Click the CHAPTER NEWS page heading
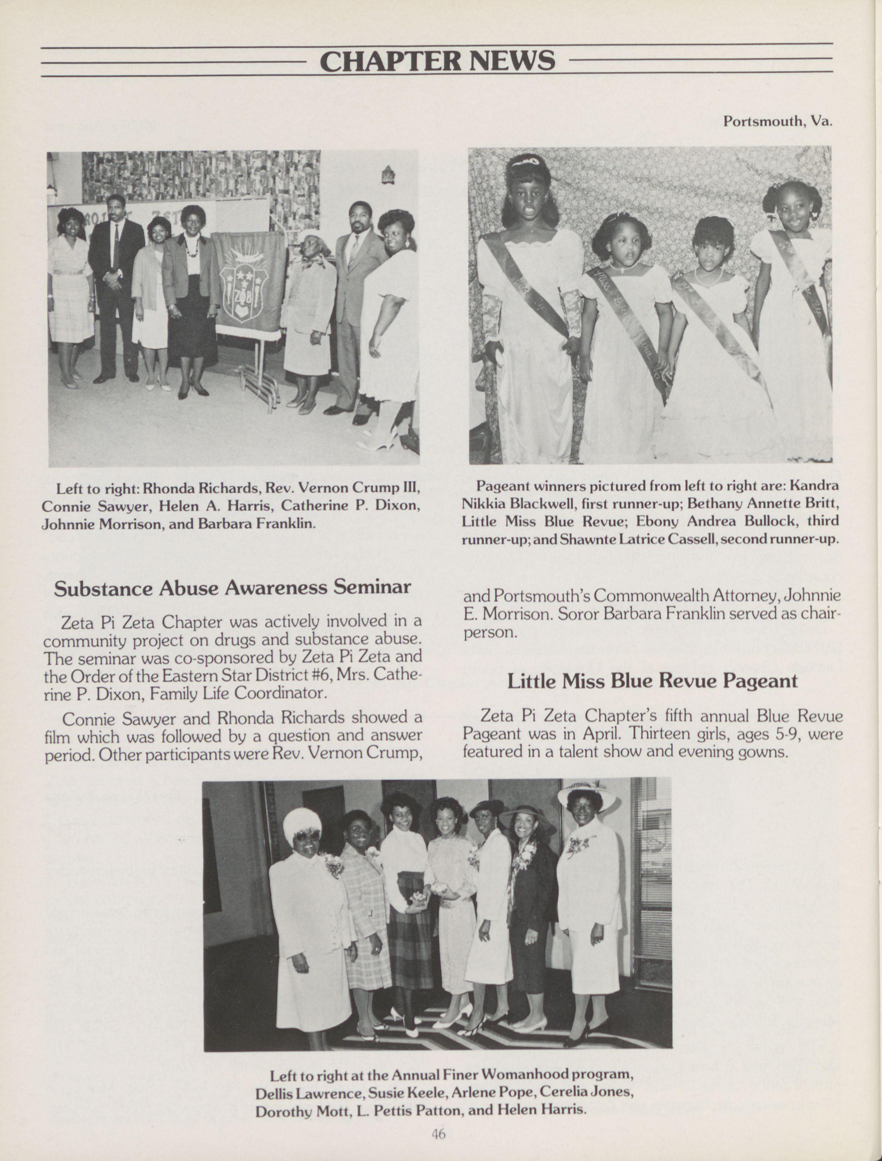pos(437,61)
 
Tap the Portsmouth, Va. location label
pos(778,121)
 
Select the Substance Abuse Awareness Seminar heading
pos(232,588)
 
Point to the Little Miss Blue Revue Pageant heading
pos(652,681)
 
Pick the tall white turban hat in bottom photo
pos(302,824)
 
